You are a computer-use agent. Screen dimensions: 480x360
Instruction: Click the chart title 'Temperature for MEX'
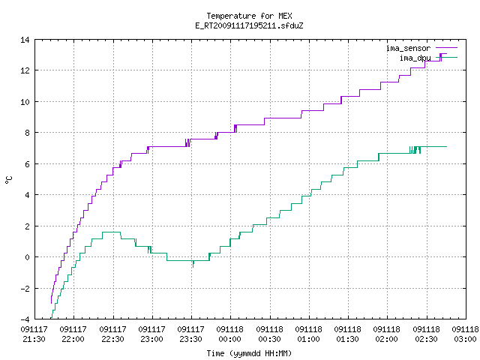[x=249, y=16]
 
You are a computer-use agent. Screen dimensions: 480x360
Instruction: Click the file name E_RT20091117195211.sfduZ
[x=249, y=25]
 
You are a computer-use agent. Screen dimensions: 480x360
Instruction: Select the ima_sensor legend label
[x=408, y=48]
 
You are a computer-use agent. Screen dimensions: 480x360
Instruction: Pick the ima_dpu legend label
[x=415, y=58]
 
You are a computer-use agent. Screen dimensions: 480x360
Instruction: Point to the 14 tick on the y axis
[x=25, y=40]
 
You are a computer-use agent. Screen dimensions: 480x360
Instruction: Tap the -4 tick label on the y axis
[x=25, y=319]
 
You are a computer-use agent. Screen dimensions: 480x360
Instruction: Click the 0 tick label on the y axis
[x=27, y=257]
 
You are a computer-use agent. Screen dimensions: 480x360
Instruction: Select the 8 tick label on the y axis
[x=27, y=133]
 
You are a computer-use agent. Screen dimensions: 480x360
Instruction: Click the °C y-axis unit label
[x=8, y=180]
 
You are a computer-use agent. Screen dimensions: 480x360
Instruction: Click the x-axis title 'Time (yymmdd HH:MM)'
[x=249, y=353]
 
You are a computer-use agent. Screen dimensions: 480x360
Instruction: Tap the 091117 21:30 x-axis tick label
[x=34, y=334]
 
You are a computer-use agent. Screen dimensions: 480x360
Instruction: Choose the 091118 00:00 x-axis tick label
[x=230, y=334]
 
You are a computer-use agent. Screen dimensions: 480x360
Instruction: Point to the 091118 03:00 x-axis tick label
[x=465, y=334]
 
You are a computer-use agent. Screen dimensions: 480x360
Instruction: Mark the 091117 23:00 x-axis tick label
[x=151, y=334]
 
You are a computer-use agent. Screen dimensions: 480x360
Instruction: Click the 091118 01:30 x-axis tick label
[x=348, y=334]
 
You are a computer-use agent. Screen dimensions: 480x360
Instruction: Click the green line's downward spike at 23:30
[x=193, y=264]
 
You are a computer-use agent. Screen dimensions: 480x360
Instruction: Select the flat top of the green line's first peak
[x=112, y=232]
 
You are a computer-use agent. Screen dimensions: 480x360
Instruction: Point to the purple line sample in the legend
[x=446, y=48]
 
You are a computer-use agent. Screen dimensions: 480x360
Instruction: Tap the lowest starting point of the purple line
[x=51, y=303]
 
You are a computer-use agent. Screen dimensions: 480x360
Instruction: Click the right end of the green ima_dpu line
[x=447, y=147]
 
